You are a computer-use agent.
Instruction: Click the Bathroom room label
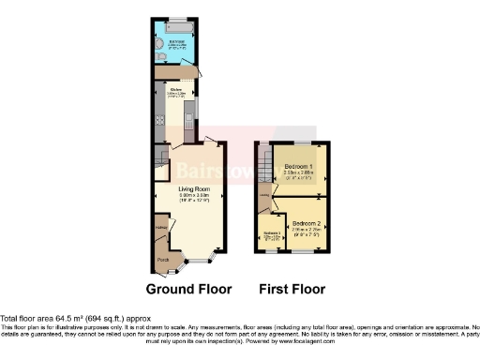(x=176, y=41)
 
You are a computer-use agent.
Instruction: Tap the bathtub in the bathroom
(x=175, y=24)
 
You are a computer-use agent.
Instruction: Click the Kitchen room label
(x=175, y=90)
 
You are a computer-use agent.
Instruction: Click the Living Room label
(x=194, y=188)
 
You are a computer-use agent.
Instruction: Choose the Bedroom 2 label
(x=307, y=221)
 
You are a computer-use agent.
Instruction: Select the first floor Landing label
(x=266, y=195)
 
